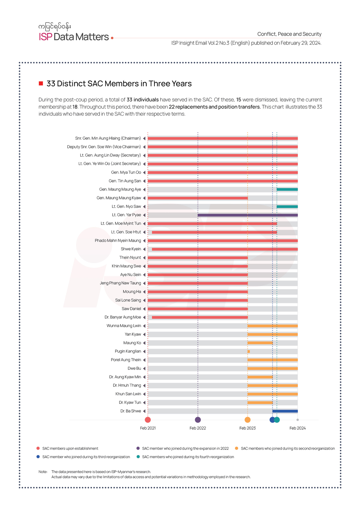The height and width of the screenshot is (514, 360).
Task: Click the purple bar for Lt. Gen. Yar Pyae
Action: point(247,215)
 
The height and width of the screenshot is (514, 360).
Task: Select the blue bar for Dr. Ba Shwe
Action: point(285,411)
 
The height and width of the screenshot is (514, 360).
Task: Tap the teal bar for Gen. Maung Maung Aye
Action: point(287,190)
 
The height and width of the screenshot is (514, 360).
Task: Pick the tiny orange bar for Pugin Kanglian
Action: point(249,352)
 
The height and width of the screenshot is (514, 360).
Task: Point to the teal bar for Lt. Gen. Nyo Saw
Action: point(287,207)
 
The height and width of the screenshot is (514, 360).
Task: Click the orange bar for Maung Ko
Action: point(260,343)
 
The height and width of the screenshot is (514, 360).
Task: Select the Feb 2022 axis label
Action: point(198,428)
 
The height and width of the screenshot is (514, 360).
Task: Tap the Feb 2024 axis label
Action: point(297,428)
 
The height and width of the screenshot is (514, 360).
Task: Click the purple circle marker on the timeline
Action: point(198,420)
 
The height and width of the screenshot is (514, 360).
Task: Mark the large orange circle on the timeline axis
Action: point(247,420)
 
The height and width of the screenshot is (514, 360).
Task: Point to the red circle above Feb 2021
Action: point(148,420)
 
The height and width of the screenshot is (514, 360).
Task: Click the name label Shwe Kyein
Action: point(131,249)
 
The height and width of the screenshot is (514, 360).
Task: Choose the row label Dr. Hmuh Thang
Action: point(127,385)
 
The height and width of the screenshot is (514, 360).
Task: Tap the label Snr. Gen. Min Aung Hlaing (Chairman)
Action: point(108,138)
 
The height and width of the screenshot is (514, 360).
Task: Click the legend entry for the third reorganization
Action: point(86,457)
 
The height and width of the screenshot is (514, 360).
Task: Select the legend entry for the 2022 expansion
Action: point(185,449)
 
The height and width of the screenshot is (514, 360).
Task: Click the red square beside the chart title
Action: point(41,84)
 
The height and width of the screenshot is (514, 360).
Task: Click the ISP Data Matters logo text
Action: point(74,37)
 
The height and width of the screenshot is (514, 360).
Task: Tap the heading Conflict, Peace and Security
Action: point(289,34)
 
